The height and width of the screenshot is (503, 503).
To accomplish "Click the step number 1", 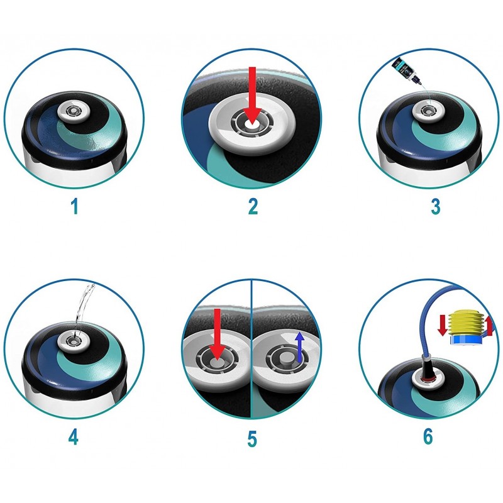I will (x=74, y=206).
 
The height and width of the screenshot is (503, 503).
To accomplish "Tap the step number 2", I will (x=252, y=206).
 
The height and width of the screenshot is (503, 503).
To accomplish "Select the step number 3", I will (x=435, y=206).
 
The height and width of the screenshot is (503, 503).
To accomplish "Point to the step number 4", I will (x=74, y=436).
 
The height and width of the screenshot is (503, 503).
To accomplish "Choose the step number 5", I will (x=252, y=438).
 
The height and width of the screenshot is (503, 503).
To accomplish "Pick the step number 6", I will (x=428, y=436).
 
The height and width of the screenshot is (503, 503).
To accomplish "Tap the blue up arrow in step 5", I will (x=300, y=347).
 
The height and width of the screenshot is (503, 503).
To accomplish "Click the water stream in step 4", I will (x=82, y=308).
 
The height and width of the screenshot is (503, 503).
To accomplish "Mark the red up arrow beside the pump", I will (x=490, y=326).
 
